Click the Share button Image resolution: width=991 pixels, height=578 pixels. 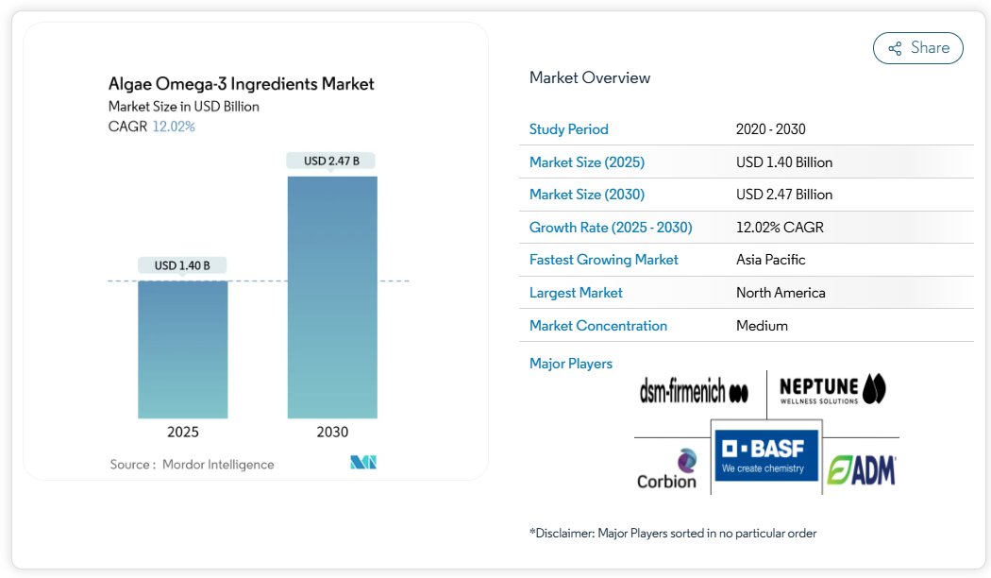pos(917,48)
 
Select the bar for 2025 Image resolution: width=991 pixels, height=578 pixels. pos(183,349)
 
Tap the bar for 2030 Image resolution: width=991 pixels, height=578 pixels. pos(332,297)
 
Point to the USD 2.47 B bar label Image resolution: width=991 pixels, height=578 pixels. pos(331,161)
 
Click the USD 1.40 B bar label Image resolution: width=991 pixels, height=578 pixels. pos(182,265)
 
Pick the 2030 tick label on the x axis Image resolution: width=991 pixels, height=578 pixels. pos(332,433)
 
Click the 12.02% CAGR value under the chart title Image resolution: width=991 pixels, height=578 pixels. pos(174,127)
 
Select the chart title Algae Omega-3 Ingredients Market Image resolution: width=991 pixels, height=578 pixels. pos(242,84)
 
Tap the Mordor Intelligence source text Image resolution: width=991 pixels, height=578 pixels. pos(218,465)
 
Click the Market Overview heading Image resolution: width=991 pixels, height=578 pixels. pos(590,77)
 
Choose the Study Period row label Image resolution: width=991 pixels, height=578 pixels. pos(568,129)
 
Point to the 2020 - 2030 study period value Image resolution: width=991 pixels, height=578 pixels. pos(770,129)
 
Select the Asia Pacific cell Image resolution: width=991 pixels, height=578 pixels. pos(770,260)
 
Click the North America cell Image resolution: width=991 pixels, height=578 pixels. pos(781,293)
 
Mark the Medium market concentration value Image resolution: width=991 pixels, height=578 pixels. pos(762,326)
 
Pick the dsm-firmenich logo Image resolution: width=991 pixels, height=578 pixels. pos(694,391)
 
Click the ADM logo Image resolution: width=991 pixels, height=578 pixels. pos(861,470)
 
